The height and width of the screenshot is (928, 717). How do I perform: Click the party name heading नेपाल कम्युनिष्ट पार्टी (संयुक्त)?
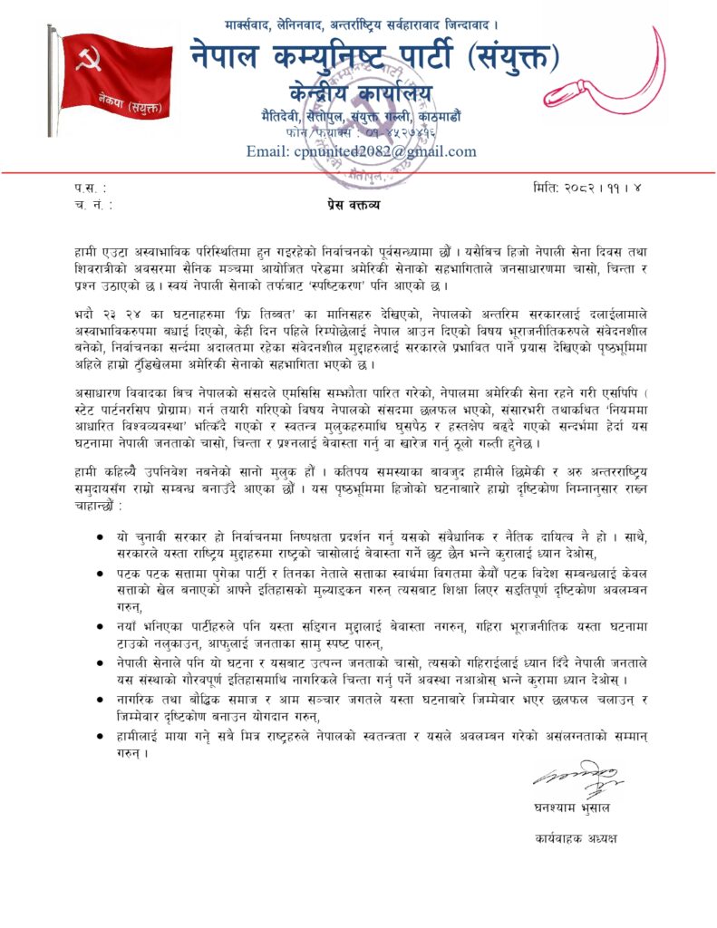(373, 56)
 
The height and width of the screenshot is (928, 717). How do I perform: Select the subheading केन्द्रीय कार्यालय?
(360, 92)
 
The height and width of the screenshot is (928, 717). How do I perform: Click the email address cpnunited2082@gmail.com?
(361, 151)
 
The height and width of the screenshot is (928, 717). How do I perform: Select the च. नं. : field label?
(94, 205)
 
